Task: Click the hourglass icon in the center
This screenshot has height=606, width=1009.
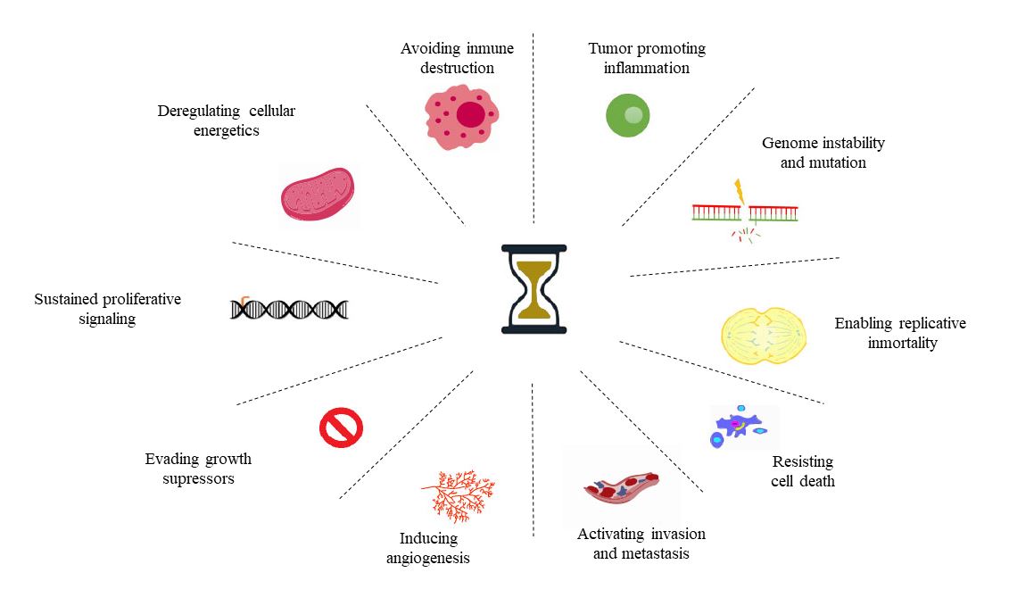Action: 533,289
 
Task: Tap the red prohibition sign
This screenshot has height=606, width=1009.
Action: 341,428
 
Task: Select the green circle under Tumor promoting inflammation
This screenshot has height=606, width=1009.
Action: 628,115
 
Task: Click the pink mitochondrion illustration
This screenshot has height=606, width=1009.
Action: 318,194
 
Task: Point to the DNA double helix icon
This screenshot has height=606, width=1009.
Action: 289,309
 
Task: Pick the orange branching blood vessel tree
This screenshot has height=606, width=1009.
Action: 459,494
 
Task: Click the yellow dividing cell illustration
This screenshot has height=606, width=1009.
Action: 764,336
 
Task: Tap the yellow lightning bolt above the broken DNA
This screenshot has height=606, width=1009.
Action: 740,191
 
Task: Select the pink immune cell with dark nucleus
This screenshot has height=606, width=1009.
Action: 462,118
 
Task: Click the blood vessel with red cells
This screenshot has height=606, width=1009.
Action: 622,487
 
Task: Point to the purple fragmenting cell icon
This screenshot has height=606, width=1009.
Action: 739,427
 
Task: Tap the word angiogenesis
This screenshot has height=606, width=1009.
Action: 428,559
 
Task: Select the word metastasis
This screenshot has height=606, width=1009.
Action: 654,554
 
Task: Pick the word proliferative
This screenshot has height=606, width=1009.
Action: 142,300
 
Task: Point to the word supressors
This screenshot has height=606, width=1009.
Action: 198,479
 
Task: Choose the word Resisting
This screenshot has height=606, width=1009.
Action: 803,461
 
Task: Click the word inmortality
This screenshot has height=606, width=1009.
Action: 902,344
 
